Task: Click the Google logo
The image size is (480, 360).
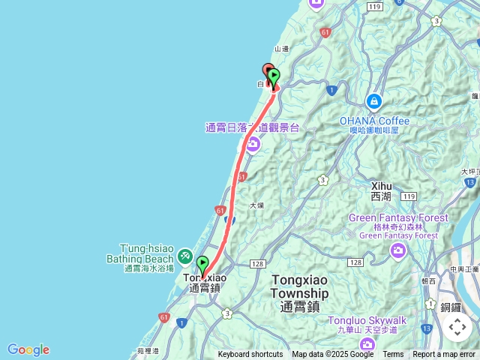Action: click(x=28, y=349)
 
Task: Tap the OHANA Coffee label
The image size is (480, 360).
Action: click(x=374, y=121)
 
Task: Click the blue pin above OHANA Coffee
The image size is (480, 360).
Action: click(x=373, y=101)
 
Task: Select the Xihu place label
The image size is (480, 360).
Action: click(x=381, y=190)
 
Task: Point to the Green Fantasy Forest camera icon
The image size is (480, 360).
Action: click(x=399, y=250)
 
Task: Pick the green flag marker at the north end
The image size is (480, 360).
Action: click(x=274, y=76)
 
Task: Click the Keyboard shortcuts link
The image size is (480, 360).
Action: click(x=250, y=355)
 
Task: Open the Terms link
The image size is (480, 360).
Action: click(x=393, y=355)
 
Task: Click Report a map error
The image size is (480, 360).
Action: click(x=444, y=355)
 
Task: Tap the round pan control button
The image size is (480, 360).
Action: click(x=457, y=327)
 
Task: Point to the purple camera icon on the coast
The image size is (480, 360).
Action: click(x=252, y=143)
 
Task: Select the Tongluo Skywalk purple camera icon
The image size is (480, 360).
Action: click(x=367, y=343)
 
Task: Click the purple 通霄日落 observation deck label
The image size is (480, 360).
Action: click(x=252, y=127)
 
